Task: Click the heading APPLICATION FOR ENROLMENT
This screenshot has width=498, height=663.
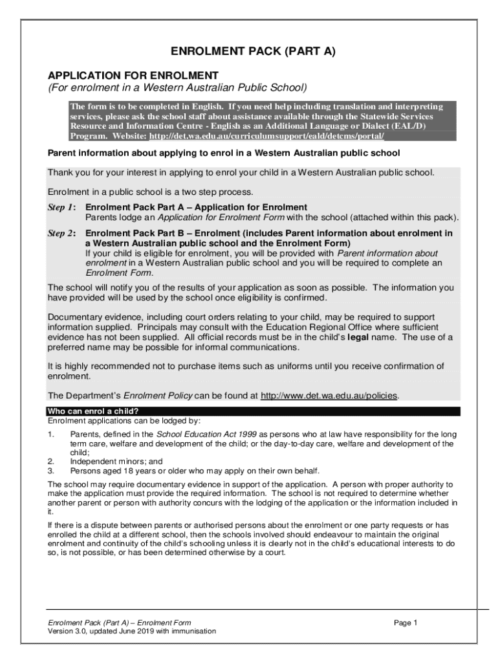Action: [x=133, y=75]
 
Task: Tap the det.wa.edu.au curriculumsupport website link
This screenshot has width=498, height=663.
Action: [x=266, y=136]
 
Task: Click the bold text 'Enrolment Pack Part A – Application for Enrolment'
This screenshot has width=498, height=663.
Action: [x=191, y=207]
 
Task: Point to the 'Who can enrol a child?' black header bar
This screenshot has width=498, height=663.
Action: [x=253, y=411]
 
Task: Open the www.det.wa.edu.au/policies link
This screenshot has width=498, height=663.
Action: [x=329, y=396]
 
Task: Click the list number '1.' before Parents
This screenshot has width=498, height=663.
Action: [x=50, y=434]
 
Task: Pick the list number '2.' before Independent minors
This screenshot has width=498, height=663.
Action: [x=50, y=462]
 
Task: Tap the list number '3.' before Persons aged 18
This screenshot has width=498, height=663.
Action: [x=50, y=471]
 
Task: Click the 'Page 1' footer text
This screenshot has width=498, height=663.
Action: [x=406, y=623]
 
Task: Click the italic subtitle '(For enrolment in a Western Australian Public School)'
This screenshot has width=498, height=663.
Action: [x=177, y=87]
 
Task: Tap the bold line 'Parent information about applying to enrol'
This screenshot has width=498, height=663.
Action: [x=224, y=153]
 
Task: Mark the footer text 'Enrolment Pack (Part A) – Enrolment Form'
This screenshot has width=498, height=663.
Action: [x=120, y=623]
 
